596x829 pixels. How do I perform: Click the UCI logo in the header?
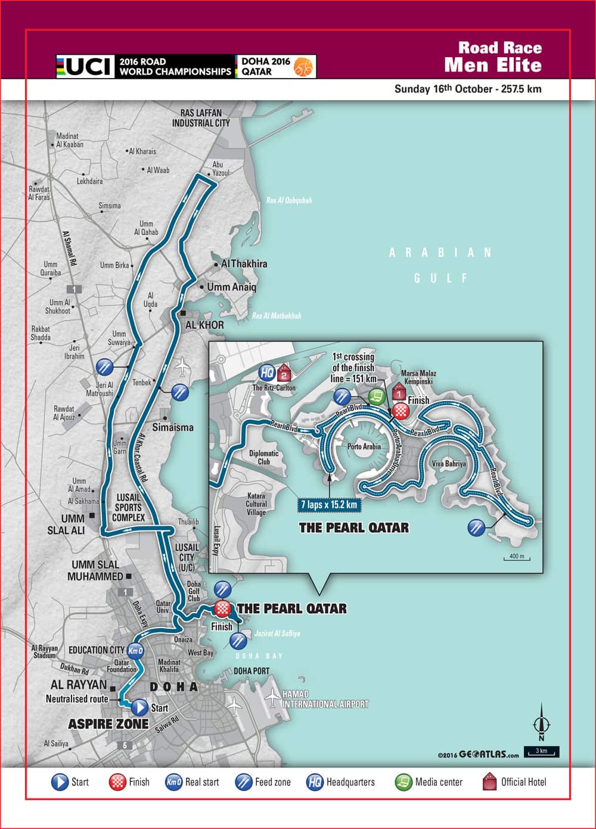coord(85,66)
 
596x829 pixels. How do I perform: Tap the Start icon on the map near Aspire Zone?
coord(139,707)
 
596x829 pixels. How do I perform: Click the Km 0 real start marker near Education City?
coord(136,650)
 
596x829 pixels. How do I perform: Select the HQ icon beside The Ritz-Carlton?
coord(267,373)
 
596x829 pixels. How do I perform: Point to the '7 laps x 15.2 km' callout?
coord(329,505)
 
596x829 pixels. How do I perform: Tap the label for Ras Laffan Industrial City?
coord(201,118)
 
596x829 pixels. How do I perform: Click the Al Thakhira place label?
coord(244,263)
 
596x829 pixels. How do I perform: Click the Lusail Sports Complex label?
coord(128,507)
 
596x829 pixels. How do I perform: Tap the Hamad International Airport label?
coord(325,699)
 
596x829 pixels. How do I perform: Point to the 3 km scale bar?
coord(541,752)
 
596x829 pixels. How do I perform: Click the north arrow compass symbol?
coord(541,721)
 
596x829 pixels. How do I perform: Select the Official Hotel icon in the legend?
coord(489,782)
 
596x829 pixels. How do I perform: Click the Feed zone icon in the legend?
coord(244,782)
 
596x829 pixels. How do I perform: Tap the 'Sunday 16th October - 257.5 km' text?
coord(468,89)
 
